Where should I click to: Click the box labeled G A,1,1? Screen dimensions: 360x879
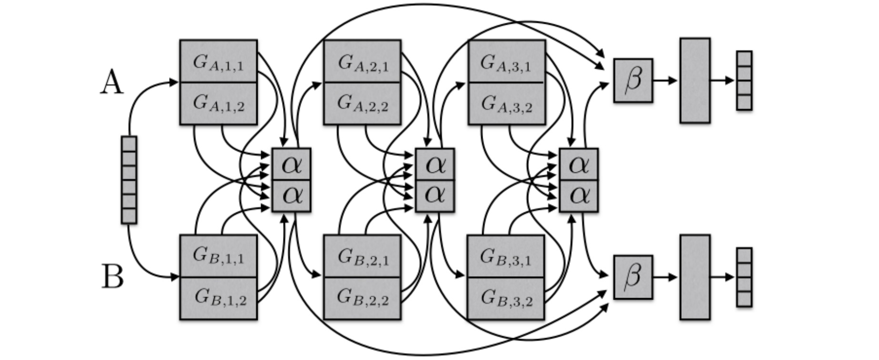point(218,61)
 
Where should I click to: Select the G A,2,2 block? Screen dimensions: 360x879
point(362,103)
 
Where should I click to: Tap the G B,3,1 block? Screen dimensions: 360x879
point(505,256)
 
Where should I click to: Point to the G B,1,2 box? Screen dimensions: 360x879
point(218,298)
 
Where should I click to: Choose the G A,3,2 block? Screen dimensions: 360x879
point(506,103)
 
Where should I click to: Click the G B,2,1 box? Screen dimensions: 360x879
point(362,256)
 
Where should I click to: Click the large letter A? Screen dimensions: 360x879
point(112,82)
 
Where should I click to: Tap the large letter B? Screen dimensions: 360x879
point(113,277)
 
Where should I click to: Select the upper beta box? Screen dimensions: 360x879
point(633,80)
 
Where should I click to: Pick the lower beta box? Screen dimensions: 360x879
point(633,277)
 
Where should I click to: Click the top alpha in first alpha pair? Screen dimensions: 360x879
point(291,165)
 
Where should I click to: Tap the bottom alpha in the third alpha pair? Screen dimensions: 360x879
point(578,196)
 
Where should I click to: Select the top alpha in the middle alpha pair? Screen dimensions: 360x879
point(434,165)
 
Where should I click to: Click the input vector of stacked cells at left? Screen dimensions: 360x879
point(129,180)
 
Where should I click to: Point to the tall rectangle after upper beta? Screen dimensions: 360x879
point(695,80)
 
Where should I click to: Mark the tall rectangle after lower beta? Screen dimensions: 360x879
point(695,277)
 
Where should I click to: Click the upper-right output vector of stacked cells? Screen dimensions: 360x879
point(744,80)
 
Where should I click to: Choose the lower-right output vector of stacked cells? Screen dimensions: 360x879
point(744,277)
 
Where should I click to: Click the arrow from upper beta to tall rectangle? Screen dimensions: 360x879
point(665,80)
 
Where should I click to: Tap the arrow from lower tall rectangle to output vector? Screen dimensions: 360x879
point(722,277)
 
